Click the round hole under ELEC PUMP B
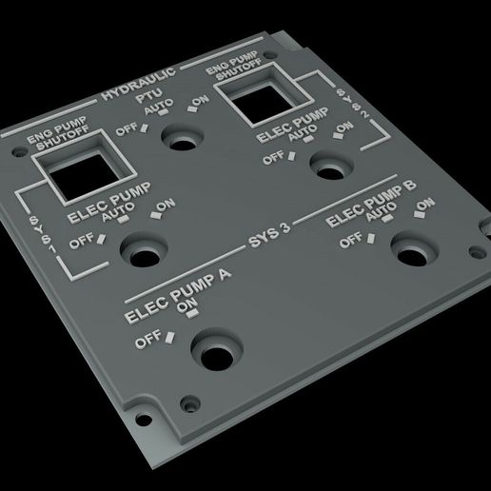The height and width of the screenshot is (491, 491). coord(411,256)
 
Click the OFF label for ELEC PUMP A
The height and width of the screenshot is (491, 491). coord(147,339)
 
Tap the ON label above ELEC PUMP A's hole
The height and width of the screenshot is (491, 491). coord(187,304)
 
